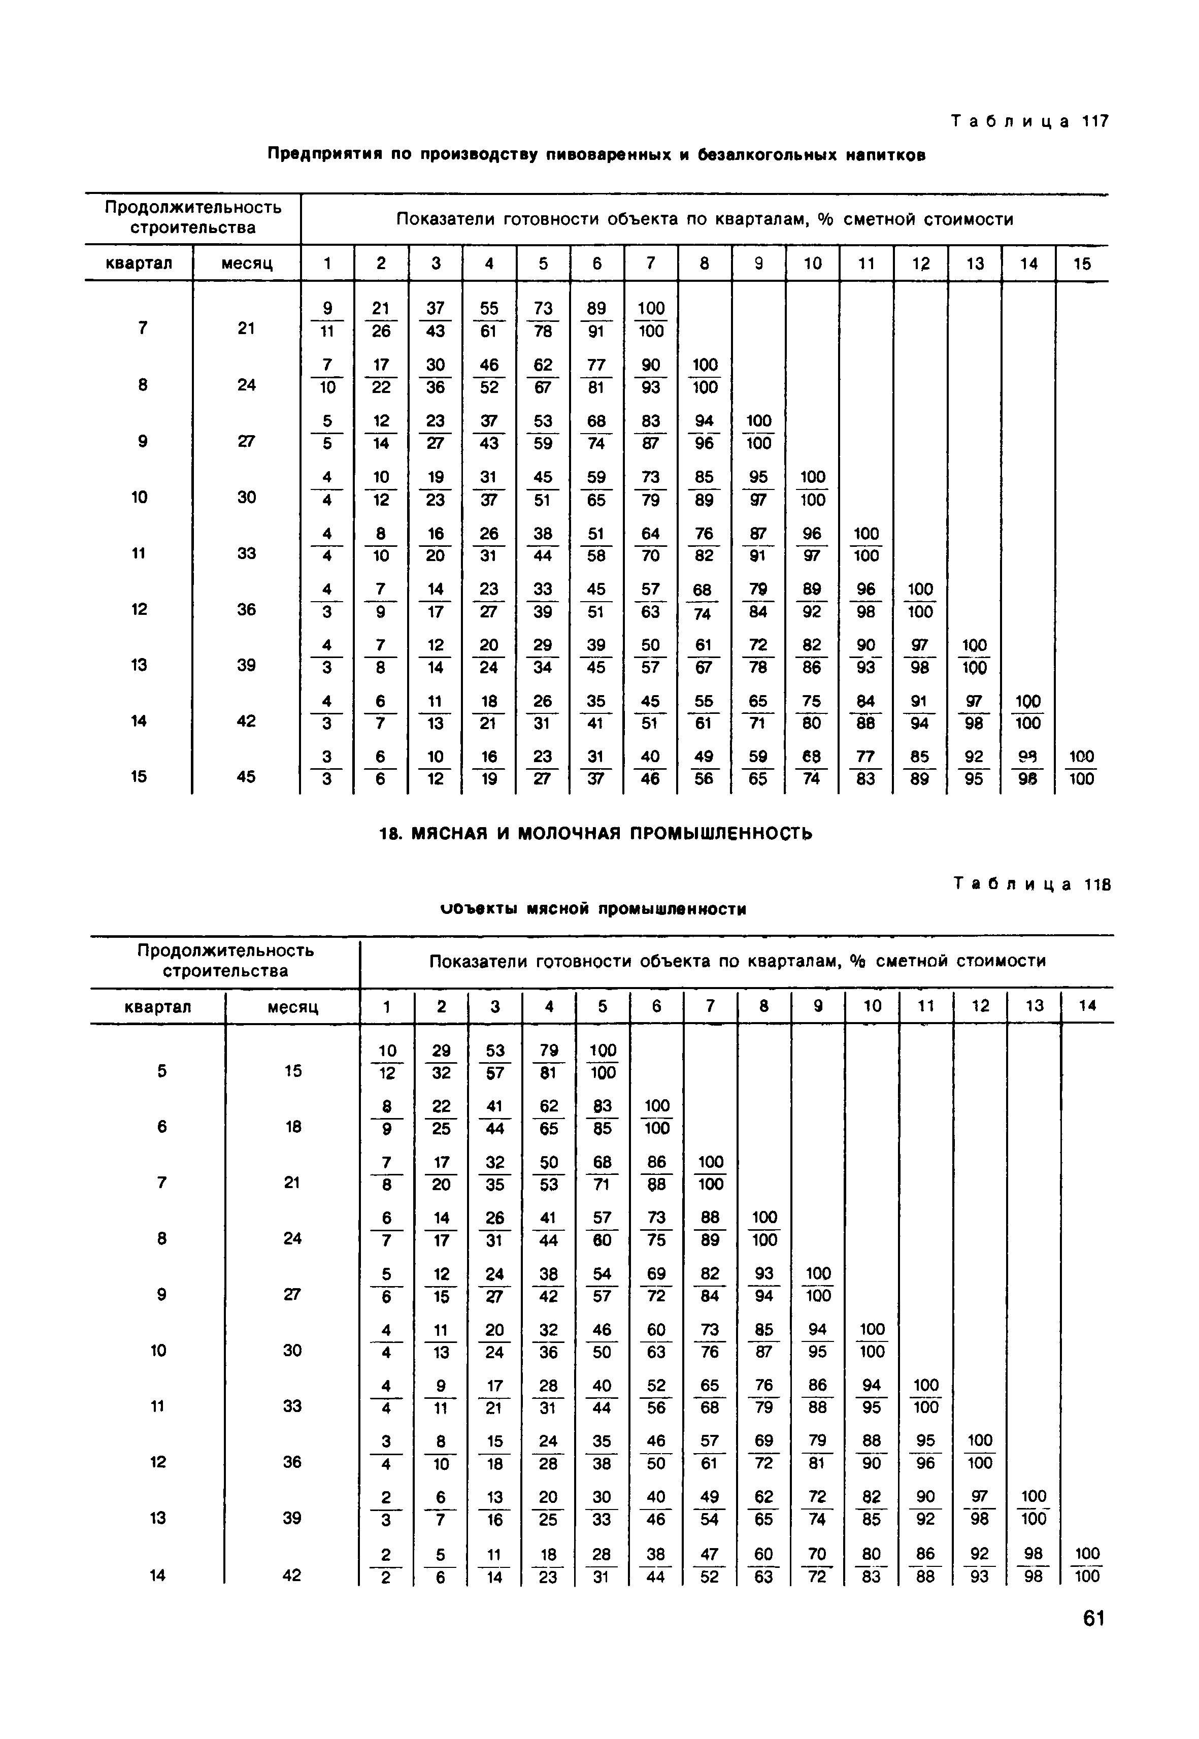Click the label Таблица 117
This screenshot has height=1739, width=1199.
(1029, 122)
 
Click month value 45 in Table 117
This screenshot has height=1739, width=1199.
(246, 776)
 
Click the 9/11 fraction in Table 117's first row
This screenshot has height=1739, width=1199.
(327, 319)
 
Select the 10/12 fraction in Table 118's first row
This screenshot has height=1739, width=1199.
(387, 1062)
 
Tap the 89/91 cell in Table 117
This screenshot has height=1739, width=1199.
(596, 319)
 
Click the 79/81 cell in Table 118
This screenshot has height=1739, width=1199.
(548, 1062)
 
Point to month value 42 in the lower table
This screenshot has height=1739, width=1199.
(292, 1574)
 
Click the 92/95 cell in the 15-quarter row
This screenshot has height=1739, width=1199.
(974, 767)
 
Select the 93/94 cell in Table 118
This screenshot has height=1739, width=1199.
(764, 1285)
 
